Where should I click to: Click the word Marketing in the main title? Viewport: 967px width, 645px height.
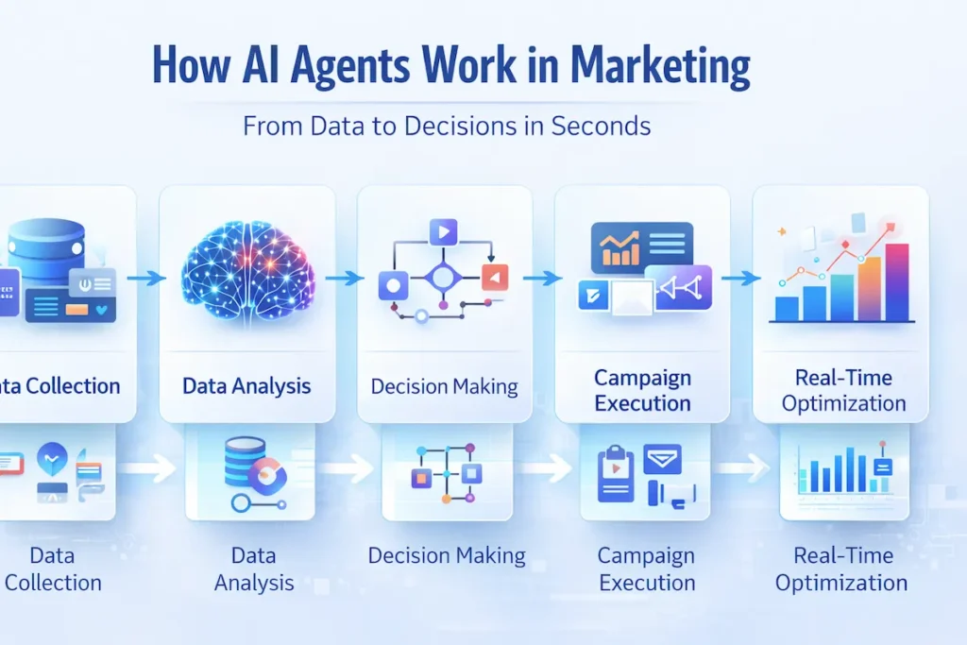tap(660, 68)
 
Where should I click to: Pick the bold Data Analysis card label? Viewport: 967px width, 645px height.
tap(246, 385)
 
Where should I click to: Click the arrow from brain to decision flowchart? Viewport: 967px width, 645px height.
tap(345, 278)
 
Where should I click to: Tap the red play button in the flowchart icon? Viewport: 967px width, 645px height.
tap(496, 277)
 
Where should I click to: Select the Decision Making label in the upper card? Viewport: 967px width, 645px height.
tap(444, 386)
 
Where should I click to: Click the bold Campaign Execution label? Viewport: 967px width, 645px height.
tap(642, 391)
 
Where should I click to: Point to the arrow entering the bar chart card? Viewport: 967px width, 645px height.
tap(740, 278)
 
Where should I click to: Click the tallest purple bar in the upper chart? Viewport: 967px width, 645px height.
tap(897, 282)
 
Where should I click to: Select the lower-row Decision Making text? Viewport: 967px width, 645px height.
tap(447, 555)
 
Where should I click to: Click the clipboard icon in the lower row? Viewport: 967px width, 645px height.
tap(616, 476)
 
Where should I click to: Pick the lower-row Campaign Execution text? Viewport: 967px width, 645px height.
tap(647, 569)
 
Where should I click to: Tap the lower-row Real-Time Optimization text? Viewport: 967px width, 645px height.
tap(841, 569)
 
